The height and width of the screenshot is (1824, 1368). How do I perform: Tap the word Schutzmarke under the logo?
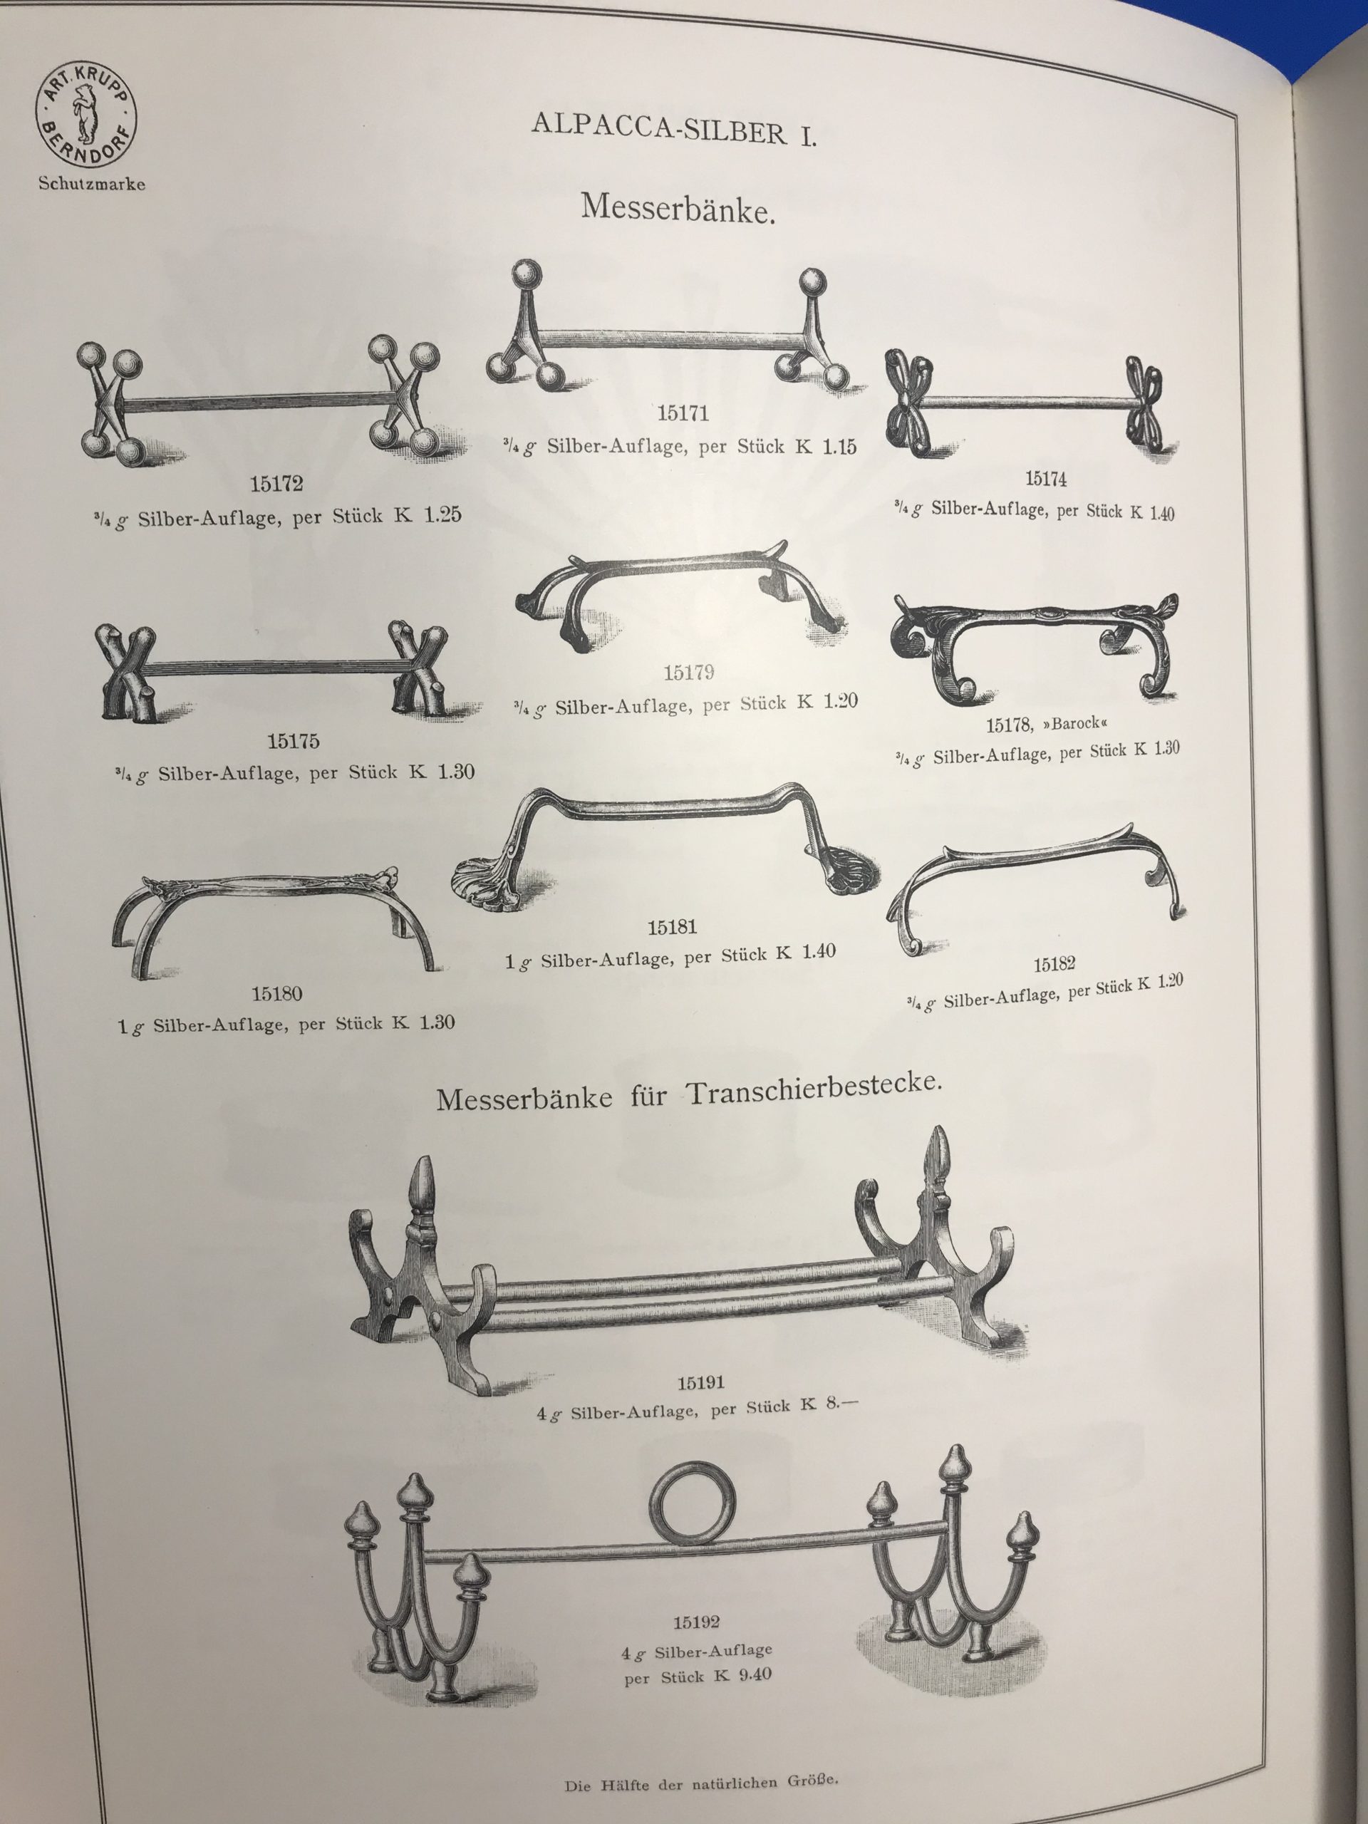[x=91, y=184]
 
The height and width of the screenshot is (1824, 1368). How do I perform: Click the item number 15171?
[x=683, y=414]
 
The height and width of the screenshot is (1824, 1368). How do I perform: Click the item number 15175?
[x=294, y=741]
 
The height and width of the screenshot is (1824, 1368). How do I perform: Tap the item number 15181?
[x=672, y=928]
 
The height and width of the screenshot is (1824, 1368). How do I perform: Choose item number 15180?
[x=277, y=994]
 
